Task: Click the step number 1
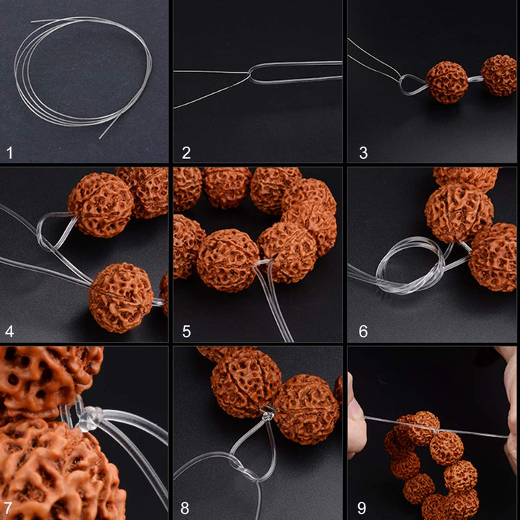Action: (x=9, y=153)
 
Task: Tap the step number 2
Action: (x=186, y=153)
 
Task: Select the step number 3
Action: (x=363, y=153)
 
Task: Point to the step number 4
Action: (x=9, y=331)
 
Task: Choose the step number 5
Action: (x=186, y=331)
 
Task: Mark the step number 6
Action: (x=363, y=331)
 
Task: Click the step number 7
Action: (x=8, y=508)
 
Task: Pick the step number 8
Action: (x=185, y=508)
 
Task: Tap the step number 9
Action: (x=362, y=508)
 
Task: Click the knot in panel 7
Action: (x=89, y=418)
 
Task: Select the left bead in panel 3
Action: (x=447, y=82)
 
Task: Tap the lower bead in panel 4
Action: (x=121, y=298)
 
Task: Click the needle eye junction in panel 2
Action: (x=251, y=74)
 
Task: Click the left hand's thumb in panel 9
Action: (x=357, y=415)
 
